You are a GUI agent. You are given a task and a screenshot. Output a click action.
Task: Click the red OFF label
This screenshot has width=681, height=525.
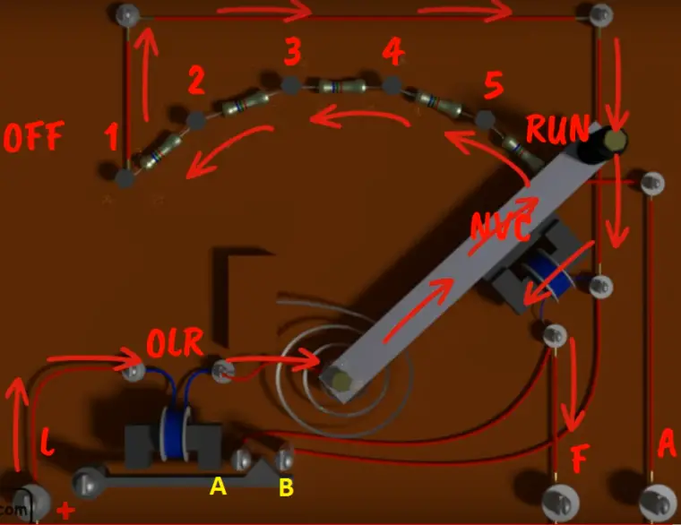click(x=34, y=138)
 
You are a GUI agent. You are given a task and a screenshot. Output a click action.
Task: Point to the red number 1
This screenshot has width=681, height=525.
click(x=110, y=138)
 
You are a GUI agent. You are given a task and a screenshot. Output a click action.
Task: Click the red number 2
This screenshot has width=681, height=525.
click(x=196, y=82)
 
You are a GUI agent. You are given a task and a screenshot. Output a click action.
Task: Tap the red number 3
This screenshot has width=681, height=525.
click(x=292, y=53)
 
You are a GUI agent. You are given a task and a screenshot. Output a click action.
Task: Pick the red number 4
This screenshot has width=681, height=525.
click(x=392, y=52)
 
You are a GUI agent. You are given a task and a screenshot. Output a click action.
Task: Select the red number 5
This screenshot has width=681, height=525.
click(x=493, y=87)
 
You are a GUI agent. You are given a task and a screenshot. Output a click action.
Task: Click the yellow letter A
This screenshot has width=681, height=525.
click(x=217, y=486)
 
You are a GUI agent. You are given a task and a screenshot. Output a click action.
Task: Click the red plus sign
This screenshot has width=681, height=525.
click(x=65, y=512)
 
